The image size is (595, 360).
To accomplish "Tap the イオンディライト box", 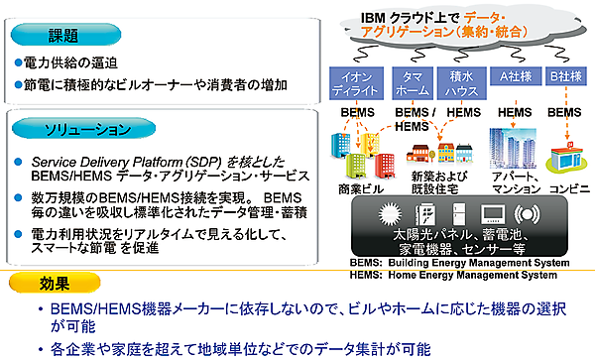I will (x=357, y=83).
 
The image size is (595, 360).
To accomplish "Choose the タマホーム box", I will (x=412, y=83).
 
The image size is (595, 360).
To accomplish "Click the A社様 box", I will (x=513, y=76).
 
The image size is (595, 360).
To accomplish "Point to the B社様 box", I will (x=565, y=76).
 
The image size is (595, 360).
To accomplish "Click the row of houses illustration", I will (x=436, y=154).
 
